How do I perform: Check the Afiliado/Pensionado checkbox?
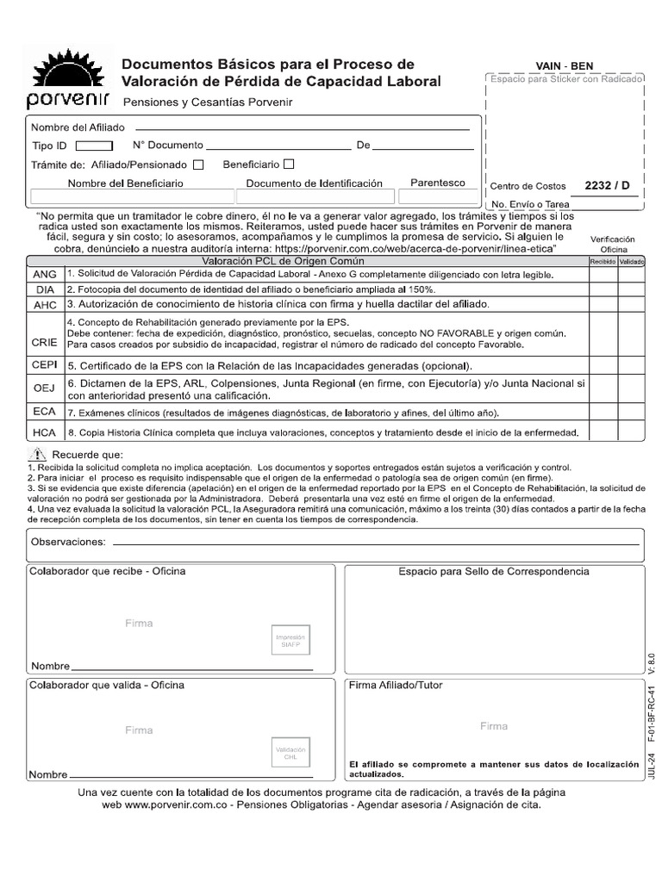(x=198, y=165)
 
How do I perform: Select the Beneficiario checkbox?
(x=289, y=164)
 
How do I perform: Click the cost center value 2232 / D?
(x=607, y=185)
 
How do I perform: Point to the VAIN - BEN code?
(x=565, y=66)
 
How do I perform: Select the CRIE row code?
(x=44, y=342)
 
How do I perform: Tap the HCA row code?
(x=44, y=432)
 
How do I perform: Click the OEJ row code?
(x=44, y=388)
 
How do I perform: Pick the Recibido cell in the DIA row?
(x=602, y=289)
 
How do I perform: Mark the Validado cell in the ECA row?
(x=631, y=413)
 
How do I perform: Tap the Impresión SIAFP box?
(x=290, y=640)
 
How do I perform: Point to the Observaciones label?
(x=68, y=542)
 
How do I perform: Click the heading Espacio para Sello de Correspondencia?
(x=493, y=572)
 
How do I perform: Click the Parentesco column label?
(x=437, y=183)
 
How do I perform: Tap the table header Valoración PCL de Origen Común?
(x=283, y=261)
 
